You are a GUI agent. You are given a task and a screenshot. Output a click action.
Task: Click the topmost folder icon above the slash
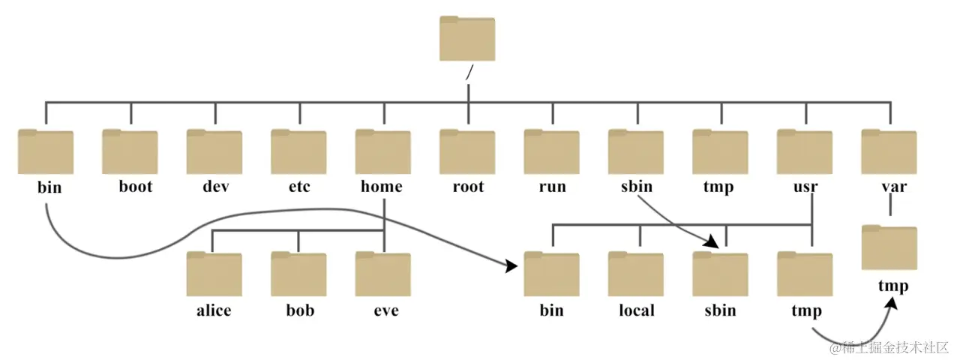click(467, 38)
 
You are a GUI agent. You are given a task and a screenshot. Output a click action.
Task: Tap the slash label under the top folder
click(469, 73)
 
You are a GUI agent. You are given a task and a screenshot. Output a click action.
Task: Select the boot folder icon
click(130, 151)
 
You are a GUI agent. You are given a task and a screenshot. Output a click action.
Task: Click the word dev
click(216, 186)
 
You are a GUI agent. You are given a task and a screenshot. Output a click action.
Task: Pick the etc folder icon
click(298, 151)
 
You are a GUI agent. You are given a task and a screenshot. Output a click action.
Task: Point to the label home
click(382, 186)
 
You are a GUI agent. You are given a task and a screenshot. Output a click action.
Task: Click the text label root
click(469, 187)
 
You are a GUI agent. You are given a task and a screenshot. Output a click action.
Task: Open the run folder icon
click(551, 151)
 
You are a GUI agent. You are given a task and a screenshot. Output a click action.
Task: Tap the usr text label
click(805, 187)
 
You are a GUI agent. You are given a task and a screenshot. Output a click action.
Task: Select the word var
click(894, 187)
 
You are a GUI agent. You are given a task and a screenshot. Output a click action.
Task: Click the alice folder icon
click(214, 274)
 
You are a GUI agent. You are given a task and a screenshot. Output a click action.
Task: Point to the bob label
click(300, 310)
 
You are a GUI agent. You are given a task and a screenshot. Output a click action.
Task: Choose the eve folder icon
click(383, 274)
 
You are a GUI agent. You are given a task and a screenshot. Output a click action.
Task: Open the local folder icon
click(636, 274)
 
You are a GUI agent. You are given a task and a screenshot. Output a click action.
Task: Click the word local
click(637, 310)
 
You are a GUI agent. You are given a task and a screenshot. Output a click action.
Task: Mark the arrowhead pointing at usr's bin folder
click(511, 266)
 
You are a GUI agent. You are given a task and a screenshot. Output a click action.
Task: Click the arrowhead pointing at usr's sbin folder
click(711, 241)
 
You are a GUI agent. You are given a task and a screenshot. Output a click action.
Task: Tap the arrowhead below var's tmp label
click(892, 303)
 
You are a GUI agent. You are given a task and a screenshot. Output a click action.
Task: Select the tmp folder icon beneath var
click(889, 247)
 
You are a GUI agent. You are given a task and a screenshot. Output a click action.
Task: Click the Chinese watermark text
click(889, 348)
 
